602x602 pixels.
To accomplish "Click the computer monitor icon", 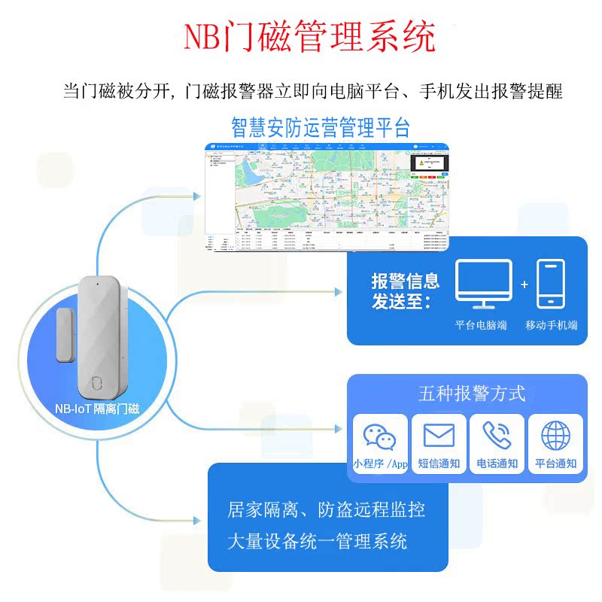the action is click(x=482, y=284).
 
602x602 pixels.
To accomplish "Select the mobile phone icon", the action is click(x=550, y=284).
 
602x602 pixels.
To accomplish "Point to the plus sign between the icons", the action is click(x=524, y=284).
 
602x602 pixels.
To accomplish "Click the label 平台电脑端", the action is click(x=482, y=325).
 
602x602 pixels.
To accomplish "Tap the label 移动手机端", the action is click(x=551, y=325).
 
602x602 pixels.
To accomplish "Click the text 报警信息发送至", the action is click(x=405, y=292).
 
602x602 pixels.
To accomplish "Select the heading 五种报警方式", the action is click(x=471, y=394).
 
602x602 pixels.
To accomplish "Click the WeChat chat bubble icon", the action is click(x=379, y=436).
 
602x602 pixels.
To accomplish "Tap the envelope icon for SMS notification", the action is click(x=439, y=436).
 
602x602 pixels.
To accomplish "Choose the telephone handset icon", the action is click(x=497, y=436).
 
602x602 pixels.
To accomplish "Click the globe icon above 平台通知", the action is click(x=556, y=436).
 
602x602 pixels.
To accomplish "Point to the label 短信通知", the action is click(x=439, y=464).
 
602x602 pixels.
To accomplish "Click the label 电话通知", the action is click(x=497, y=464).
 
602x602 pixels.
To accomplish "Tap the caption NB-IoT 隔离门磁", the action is click(x=97, y=409).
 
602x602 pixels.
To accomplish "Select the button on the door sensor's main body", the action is click(x=96, y=381).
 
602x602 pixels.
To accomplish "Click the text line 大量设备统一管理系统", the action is click(x=317, y=541).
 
